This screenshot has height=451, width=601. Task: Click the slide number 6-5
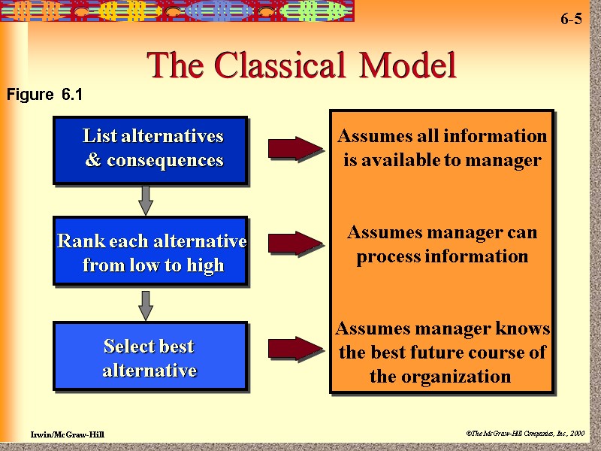click(570, 20)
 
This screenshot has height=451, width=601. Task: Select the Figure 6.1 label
click(44, 95)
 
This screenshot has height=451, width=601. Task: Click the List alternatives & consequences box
click(150, 150)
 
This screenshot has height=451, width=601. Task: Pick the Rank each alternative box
click(150, 252)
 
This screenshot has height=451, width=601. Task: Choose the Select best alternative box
click(150, 357)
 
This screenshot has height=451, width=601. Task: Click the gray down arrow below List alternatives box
click(146, 200)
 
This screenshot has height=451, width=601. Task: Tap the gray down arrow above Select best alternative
click(146, 304)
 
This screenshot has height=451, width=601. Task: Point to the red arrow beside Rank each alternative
click(294, 243)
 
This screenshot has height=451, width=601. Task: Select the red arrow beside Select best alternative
click(294, 348)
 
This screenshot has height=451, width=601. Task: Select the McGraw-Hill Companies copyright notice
click(524, 434)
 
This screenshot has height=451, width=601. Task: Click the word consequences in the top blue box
click(165, 160)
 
